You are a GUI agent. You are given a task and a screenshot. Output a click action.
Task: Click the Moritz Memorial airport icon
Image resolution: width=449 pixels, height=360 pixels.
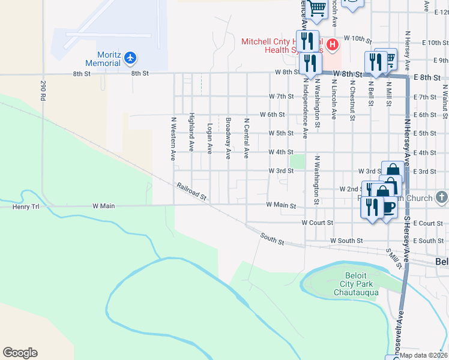tap(131, 58)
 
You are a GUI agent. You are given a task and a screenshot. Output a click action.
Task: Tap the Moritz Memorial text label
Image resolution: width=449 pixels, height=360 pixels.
tap(103, 59)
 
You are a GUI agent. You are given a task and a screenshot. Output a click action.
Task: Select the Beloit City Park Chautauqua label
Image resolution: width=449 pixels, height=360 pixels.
tap(356, 284)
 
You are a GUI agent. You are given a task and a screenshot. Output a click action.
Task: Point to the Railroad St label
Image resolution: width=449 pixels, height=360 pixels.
tap(191, 192)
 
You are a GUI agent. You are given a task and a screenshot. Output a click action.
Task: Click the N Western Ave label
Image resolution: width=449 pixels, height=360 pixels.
tap(173, 139)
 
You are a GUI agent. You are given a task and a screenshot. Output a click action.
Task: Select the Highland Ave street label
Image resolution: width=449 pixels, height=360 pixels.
tap(191, 131)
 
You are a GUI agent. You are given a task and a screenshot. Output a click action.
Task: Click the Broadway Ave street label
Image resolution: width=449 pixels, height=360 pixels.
tap(228, 139)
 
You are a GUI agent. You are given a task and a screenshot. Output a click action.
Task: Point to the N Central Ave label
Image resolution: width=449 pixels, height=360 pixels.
tap(246, 139)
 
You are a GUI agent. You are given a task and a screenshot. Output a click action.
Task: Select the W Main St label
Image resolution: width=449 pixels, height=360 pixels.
tap(282, 205)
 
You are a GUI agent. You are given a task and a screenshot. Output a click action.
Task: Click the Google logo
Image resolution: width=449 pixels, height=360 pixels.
tap(20, 353)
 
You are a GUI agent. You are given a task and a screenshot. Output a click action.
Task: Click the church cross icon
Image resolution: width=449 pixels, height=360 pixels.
tap(441, 197)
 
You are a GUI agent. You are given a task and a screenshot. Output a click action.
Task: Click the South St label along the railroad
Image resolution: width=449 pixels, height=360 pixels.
tap(272, 239)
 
